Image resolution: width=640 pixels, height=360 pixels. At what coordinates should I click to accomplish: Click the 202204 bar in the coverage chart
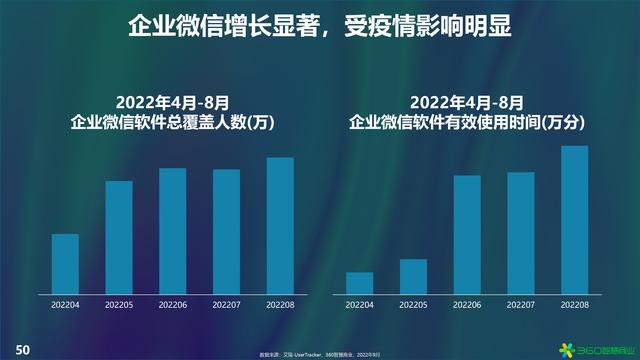[65, 263]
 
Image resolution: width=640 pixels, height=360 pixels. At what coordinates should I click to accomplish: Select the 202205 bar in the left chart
[119, 237]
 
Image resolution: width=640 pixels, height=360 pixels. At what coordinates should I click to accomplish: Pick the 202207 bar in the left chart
[226, 231]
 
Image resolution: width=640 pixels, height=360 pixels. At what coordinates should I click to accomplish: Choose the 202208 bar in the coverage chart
[280, 225]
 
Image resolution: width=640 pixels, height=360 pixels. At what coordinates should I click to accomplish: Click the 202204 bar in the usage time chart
[360, 282]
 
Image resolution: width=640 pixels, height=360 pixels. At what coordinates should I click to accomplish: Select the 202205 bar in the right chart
[414, 276]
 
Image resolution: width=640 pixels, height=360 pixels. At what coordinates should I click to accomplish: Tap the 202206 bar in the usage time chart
[467, 234]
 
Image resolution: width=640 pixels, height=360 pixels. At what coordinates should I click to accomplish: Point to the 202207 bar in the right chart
[521, 232]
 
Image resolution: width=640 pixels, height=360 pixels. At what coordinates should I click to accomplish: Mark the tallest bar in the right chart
[574, 219]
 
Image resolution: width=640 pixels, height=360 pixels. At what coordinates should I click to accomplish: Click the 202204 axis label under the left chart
[65, 304]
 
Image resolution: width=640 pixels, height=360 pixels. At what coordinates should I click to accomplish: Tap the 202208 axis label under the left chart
[280, 304]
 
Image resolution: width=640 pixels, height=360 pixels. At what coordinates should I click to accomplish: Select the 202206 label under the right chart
[467, 304]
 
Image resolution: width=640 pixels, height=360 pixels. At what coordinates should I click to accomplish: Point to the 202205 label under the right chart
[414, 304]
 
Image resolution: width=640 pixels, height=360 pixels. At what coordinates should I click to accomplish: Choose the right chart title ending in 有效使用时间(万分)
[467, 122]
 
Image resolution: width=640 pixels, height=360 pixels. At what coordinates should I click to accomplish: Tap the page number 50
[21, 349]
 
